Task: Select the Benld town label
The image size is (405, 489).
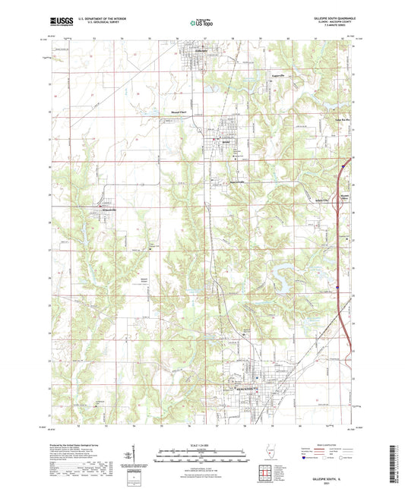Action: [x=225, y=142]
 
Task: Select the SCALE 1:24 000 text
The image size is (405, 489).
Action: [x=201, y=446]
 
